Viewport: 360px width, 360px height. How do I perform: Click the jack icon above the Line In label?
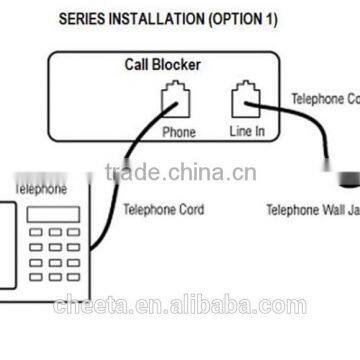pos(243,101)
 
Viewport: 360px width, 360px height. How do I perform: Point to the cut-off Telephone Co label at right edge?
pos(324,99)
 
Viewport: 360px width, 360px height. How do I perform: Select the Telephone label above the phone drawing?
pos(41,187)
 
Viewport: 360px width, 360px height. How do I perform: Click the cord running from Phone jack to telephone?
pos(140,150)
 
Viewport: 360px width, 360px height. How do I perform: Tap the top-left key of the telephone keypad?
pos(34,234)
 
